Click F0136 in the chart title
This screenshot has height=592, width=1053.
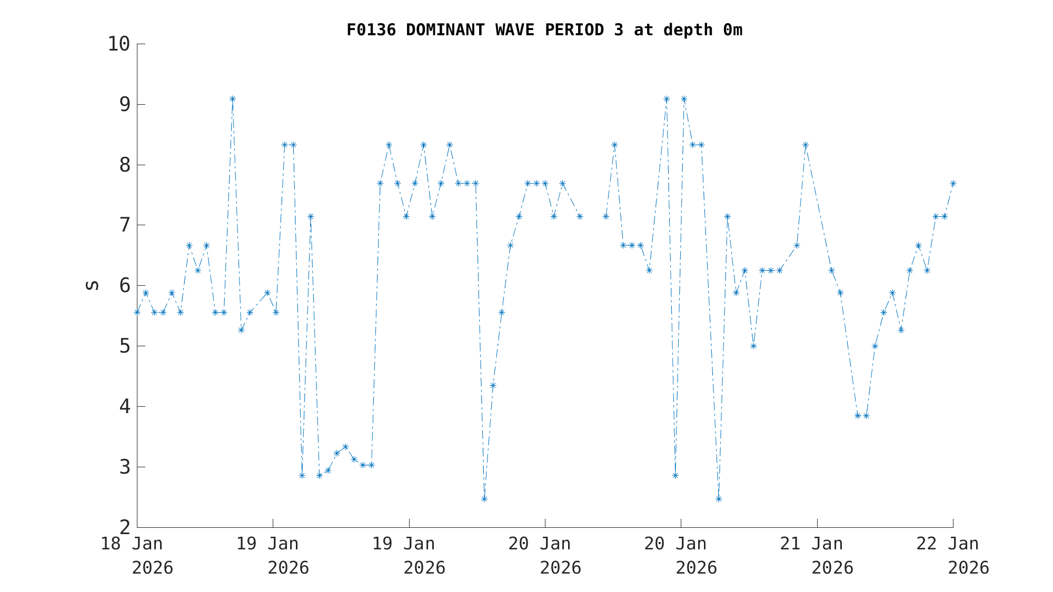371,30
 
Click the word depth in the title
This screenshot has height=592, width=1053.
688,30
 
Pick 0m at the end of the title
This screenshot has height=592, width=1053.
732,30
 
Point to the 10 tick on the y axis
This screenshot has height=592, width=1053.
118,44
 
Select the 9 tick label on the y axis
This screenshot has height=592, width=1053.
124,104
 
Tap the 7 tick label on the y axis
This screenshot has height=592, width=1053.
124,225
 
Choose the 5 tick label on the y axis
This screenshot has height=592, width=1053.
124,346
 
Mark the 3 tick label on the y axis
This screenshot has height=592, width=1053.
124,467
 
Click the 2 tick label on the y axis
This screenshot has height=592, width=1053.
124,527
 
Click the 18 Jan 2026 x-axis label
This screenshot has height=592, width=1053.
137,555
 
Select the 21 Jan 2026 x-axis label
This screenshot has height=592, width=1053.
817,555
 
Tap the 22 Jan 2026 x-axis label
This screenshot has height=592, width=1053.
952,555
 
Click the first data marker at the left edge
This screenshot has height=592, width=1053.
137,312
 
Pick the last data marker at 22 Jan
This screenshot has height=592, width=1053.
952,183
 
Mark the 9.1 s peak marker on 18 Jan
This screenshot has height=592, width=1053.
232,99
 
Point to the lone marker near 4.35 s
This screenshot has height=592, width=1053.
493,385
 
